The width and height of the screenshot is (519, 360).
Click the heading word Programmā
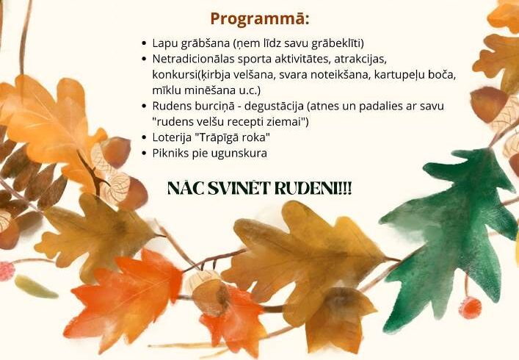pos(260,19)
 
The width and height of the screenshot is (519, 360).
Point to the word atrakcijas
pos(360,60)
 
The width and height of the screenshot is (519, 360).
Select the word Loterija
pos(172,138)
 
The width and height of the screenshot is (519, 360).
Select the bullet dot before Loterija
pos(144,137)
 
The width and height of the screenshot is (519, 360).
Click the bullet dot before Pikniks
pos(144,154)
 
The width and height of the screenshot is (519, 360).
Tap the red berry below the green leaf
pos(470,308)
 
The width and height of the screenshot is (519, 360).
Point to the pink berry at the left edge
pos(7,271)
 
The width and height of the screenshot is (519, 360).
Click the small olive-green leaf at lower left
pos(35,287)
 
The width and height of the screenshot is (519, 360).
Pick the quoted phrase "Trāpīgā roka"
pos(231,138)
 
